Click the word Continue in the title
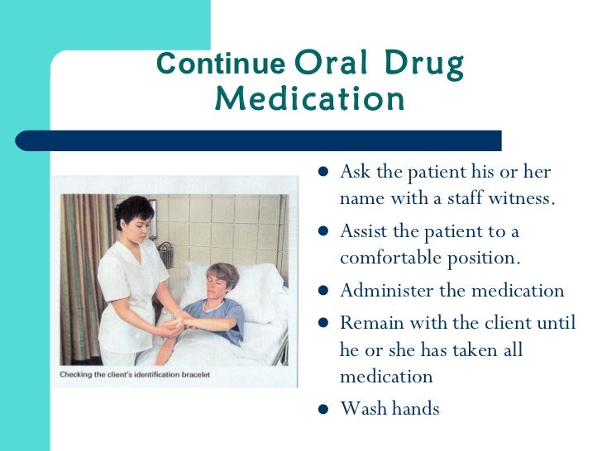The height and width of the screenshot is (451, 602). tap(219, 64)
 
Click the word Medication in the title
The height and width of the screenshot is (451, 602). tap(310, 100)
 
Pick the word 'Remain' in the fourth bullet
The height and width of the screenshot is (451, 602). tap(368, 321)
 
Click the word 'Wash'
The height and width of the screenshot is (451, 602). tap(361, 409)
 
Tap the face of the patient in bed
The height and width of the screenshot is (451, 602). tap(221, 285)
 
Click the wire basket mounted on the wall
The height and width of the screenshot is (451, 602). tap(165, 251)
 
